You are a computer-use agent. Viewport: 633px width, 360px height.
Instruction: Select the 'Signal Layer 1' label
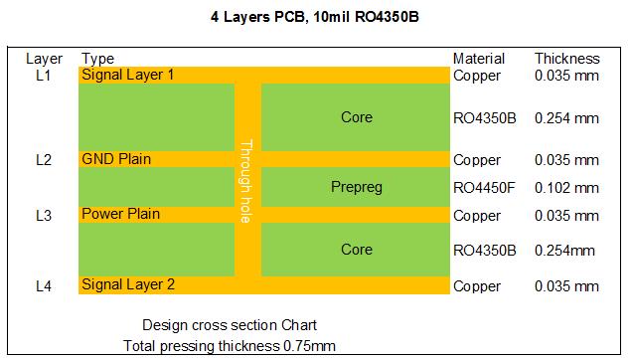click(x=127, y=75)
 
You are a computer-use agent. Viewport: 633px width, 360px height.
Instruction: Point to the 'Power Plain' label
click(x=120, y=214)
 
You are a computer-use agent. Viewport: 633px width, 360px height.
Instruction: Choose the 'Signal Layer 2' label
click(x=128, y=285)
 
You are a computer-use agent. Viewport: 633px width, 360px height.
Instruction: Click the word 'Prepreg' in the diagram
click(x=356, y=187)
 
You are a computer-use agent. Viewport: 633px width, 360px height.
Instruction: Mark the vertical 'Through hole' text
click(x=247, y=182)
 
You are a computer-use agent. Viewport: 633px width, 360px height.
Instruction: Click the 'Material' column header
click(x=479, y=59)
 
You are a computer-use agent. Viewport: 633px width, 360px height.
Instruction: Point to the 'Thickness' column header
click(x=567, y=59)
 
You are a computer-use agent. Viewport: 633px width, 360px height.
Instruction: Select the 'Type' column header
click(x=97, y=59)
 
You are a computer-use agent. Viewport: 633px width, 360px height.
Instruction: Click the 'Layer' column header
click(x=44, y=59)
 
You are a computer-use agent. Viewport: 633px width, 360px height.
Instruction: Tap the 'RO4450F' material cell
click(x=484, y=187)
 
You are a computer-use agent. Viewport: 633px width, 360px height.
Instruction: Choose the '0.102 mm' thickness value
click(x=566, y=187)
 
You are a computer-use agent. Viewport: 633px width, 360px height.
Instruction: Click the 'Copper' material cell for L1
click(x=476, y=76)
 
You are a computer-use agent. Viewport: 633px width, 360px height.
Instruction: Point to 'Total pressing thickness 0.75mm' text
click(x=230, y=345)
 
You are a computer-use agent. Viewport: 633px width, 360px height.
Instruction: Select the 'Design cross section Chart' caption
click(x=230, y=325)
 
